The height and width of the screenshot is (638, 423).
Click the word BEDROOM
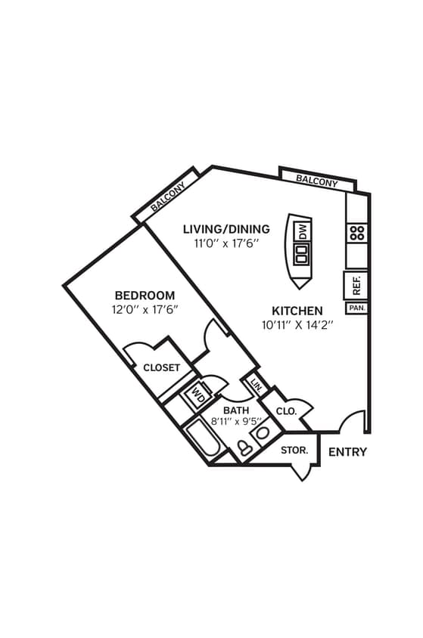click(145, 295)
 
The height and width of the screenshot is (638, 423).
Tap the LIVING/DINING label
click(226, 229)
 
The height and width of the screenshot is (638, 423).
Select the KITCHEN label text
click(297, 311)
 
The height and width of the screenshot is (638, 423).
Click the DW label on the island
click(301, 231)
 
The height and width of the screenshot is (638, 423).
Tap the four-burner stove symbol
click(357, 233)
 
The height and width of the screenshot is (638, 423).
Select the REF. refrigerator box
click(356, 285)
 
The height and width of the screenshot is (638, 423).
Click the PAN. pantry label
click(356, 308)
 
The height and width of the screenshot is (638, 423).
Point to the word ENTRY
click(347, 452)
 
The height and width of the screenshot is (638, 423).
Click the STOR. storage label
click(294, 451)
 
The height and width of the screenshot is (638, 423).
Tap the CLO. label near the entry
click(286, 411)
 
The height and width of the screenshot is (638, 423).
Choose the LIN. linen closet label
click(256, 386)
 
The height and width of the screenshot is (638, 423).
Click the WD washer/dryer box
click(201, 393)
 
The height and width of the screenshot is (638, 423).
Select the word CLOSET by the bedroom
click(161, 368)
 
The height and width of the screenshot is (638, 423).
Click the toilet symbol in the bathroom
click(245, 448)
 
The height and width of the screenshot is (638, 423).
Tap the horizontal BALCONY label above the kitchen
click(316, 181)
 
